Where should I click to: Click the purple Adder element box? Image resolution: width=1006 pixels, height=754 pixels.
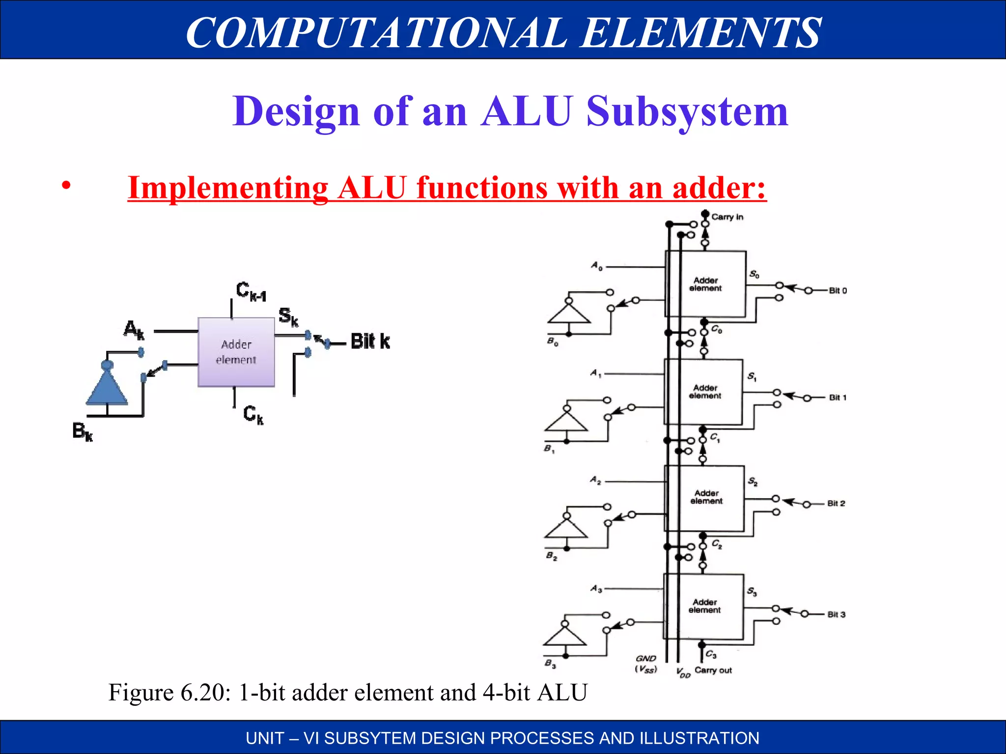click(236, 352)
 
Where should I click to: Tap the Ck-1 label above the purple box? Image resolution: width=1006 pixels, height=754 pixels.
click(251, 291)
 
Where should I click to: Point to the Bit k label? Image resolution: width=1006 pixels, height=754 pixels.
click(370, 341)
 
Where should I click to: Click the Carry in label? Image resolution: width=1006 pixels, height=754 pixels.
click(727, 217)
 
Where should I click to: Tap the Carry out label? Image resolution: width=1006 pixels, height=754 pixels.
click(713, 670)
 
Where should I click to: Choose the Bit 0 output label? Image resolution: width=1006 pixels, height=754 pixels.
click(838, 291)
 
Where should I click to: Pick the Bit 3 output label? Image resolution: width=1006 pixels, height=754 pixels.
click(836, 615)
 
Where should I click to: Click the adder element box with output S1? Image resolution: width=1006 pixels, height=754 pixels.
click(704, 392)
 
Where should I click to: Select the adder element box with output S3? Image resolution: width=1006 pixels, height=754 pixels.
click(704, 606)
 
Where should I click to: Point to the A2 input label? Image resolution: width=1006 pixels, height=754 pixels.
click(595, 480)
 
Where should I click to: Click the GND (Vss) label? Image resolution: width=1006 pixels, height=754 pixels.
click(646, 664)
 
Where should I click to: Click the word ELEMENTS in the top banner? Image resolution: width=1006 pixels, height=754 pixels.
click(700, 32)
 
